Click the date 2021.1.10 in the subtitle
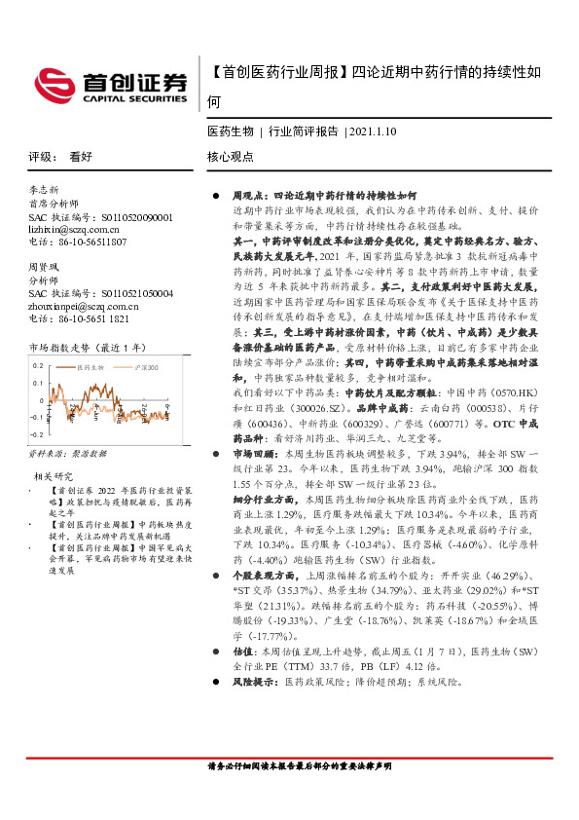click(374, 130)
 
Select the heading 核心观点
click(231, 156)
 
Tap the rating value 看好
click(81, 156)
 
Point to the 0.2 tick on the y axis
click(39, 366)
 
